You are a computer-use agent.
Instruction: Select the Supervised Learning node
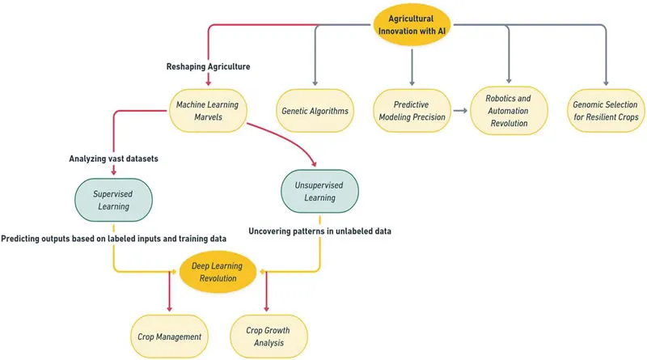point(113,193)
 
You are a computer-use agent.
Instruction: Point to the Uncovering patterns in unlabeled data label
point(319,231)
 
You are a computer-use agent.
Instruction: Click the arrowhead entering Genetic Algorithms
point(315,82)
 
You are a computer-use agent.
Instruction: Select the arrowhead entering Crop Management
point(170,309)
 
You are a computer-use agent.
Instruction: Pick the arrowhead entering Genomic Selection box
point(605,82)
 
